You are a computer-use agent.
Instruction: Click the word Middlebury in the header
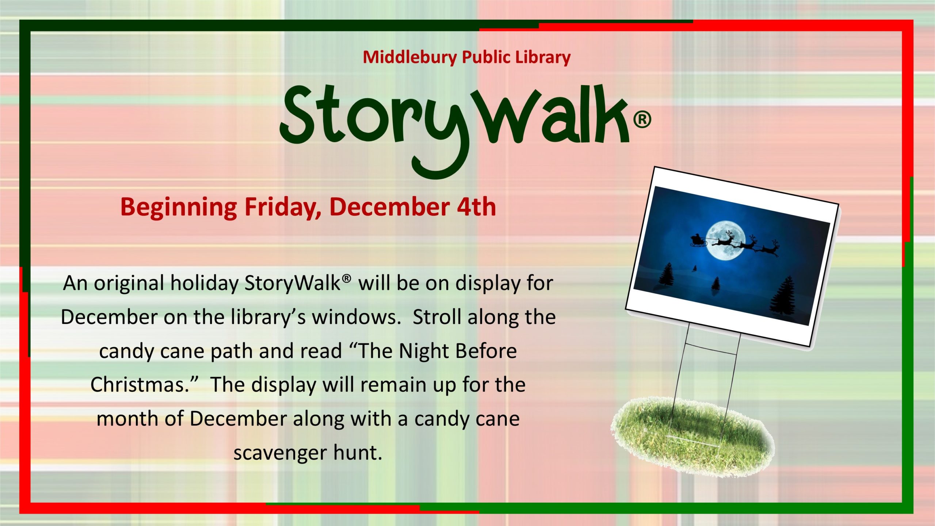(409, 57)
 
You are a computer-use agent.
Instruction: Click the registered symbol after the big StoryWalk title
(642, 120)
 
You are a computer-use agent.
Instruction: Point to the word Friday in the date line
(283, 207)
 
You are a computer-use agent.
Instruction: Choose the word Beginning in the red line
(179, 207)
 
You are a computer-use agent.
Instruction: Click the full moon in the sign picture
(725, 242)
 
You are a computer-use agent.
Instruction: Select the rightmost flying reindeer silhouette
(769, 248)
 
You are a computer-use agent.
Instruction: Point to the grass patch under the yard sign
(692, 436)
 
